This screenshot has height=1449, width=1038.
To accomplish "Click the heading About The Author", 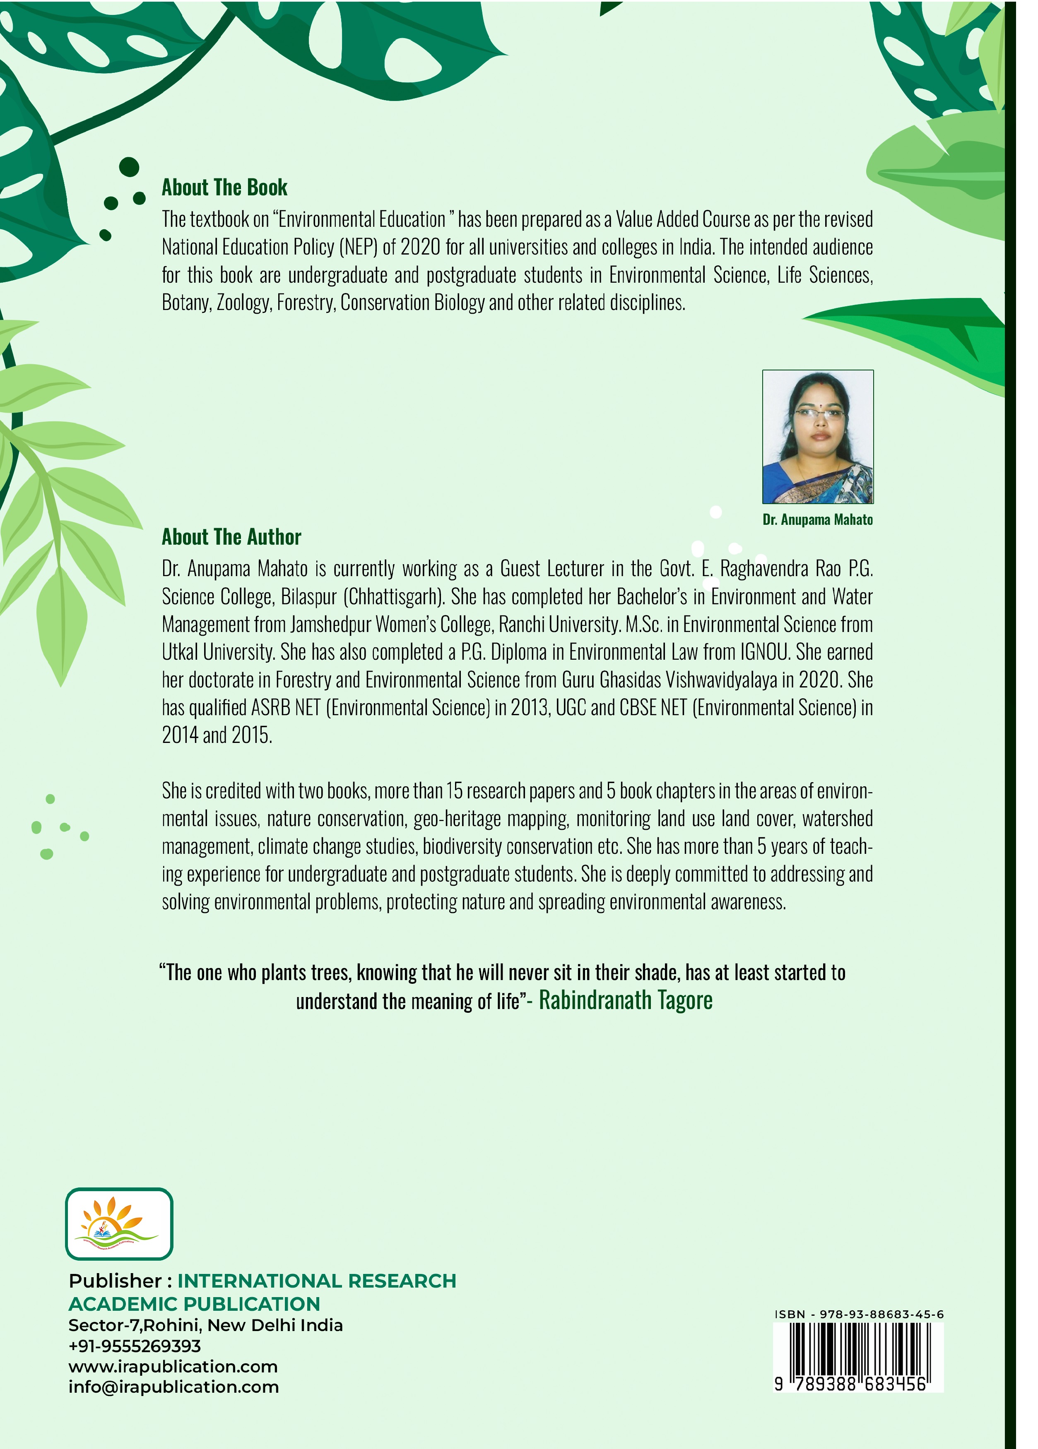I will (x=231, y=537).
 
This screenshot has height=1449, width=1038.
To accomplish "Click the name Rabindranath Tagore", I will (x=625, y=1000).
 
